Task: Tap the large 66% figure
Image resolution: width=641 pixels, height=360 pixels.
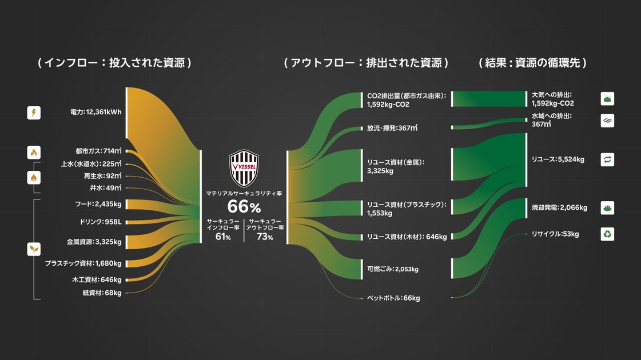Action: click(244, 207)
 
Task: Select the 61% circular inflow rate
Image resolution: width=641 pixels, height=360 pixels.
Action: click(223, 237)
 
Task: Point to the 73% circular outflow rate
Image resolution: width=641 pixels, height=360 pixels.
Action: click(265, 237)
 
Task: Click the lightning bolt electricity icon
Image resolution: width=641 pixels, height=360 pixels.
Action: click(34, 113)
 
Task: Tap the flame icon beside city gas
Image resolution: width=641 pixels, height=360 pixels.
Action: click(34, 152)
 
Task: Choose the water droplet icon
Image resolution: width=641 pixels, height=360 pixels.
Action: click(34, 177)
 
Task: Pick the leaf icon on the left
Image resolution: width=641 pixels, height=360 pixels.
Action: click(34, 249)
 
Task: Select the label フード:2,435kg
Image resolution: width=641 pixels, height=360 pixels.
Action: click(98, 204)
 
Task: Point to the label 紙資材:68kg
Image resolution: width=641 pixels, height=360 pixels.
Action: click(102, 293)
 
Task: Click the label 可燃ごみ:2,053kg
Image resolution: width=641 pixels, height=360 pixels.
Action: click(392, 269)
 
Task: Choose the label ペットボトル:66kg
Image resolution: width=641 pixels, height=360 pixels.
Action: click(393, 298)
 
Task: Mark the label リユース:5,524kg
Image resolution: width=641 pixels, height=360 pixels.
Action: click(558, 159)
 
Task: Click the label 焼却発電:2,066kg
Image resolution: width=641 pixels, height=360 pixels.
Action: click(559, 207)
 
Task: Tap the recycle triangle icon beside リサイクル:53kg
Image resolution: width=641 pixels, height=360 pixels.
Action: click(607, 234)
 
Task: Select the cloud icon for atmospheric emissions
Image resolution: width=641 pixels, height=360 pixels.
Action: click(607, 99)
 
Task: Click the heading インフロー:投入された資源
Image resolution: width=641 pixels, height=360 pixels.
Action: click(114, 63)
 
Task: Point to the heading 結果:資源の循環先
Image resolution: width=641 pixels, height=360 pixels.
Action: click(533, 63)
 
